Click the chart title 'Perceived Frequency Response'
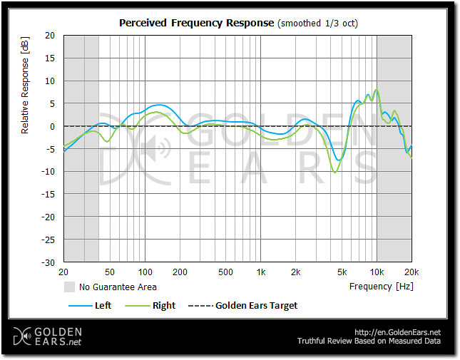click(x=195, y=23)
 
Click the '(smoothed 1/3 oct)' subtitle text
click(x=317, y=23)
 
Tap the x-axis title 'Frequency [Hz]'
click(x=381, y=287)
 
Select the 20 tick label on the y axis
click(x=50, y=35)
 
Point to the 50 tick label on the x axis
click(x=110, y=272)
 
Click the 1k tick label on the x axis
click(x=261, y=272)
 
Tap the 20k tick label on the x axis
click(x=412, y=272)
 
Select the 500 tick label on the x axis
click(x=225, y=272)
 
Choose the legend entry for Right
click(x=164, y=305)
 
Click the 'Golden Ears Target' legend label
click(x=256, y=305)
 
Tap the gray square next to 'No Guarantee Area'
click(x=70, y=287)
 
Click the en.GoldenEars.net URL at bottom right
click(x=397, y=332)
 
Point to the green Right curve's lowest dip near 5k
click(x=334, y=173)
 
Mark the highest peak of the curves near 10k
click(x=377, y=90)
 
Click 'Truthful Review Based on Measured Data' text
click(x=369, y=341)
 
